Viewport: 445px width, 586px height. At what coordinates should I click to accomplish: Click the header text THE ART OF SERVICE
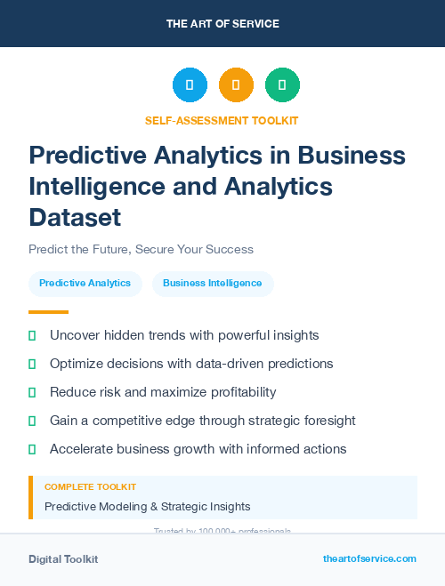coord(222,24)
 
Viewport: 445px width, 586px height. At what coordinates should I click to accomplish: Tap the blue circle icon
coord(190,85)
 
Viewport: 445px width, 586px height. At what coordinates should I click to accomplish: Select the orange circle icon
coord(236,85)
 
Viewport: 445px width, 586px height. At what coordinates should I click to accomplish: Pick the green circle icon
coord(282,85)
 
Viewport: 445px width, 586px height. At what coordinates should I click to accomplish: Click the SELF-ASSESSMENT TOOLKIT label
coord(222,120)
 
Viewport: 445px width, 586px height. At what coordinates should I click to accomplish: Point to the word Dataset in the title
coord(75,217)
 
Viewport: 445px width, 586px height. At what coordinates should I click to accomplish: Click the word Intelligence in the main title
coord(100,187)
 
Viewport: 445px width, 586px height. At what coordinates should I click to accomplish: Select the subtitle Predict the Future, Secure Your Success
coord(141,249)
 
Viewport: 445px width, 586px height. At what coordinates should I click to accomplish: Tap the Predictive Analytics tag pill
coord(85,284)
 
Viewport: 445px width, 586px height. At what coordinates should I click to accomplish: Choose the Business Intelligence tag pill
coord(212,284)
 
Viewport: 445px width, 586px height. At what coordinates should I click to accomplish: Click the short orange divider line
coord(48,312)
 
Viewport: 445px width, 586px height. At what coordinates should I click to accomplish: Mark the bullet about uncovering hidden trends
coord(184,335)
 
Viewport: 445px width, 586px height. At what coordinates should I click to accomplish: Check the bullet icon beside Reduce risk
coord(32,392)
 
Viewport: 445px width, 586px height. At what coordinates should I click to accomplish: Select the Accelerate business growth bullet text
coord(198,449)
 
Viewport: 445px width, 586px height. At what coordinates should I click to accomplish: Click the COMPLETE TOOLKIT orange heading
coord(90,487)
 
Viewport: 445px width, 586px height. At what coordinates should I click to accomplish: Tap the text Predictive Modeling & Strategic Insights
coord(147,507)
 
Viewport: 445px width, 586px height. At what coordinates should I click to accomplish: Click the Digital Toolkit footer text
coord(63,559)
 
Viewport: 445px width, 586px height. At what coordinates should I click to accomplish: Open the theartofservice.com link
coord(369,558)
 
